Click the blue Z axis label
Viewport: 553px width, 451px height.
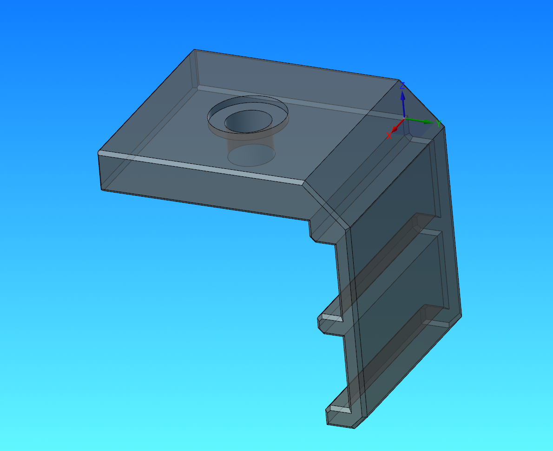pyautogui.click(x=403, y=85)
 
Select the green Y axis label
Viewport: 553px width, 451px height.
pyautogui.click(x=438, y=123)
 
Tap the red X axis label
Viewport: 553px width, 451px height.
pyautogui.click(x=389, y=136)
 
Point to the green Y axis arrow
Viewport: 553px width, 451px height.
pyautogui.click(x=421, y=121)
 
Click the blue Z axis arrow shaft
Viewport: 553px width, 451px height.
pyautogui.click(x=403, y=104)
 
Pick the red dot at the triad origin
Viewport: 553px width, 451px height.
pyautogui.click(x=395, y=129)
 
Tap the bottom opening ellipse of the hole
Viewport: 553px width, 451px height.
pyautogui.click(x=250, y=156)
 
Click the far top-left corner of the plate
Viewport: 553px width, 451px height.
pyautogui.click(x=194, y=50)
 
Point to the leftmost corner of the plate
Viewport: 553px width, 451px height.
pyautogui.click(x=99, y=153)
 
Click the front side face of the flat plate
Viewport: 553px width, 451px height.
pyautogui.click(x=200, y=190)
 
